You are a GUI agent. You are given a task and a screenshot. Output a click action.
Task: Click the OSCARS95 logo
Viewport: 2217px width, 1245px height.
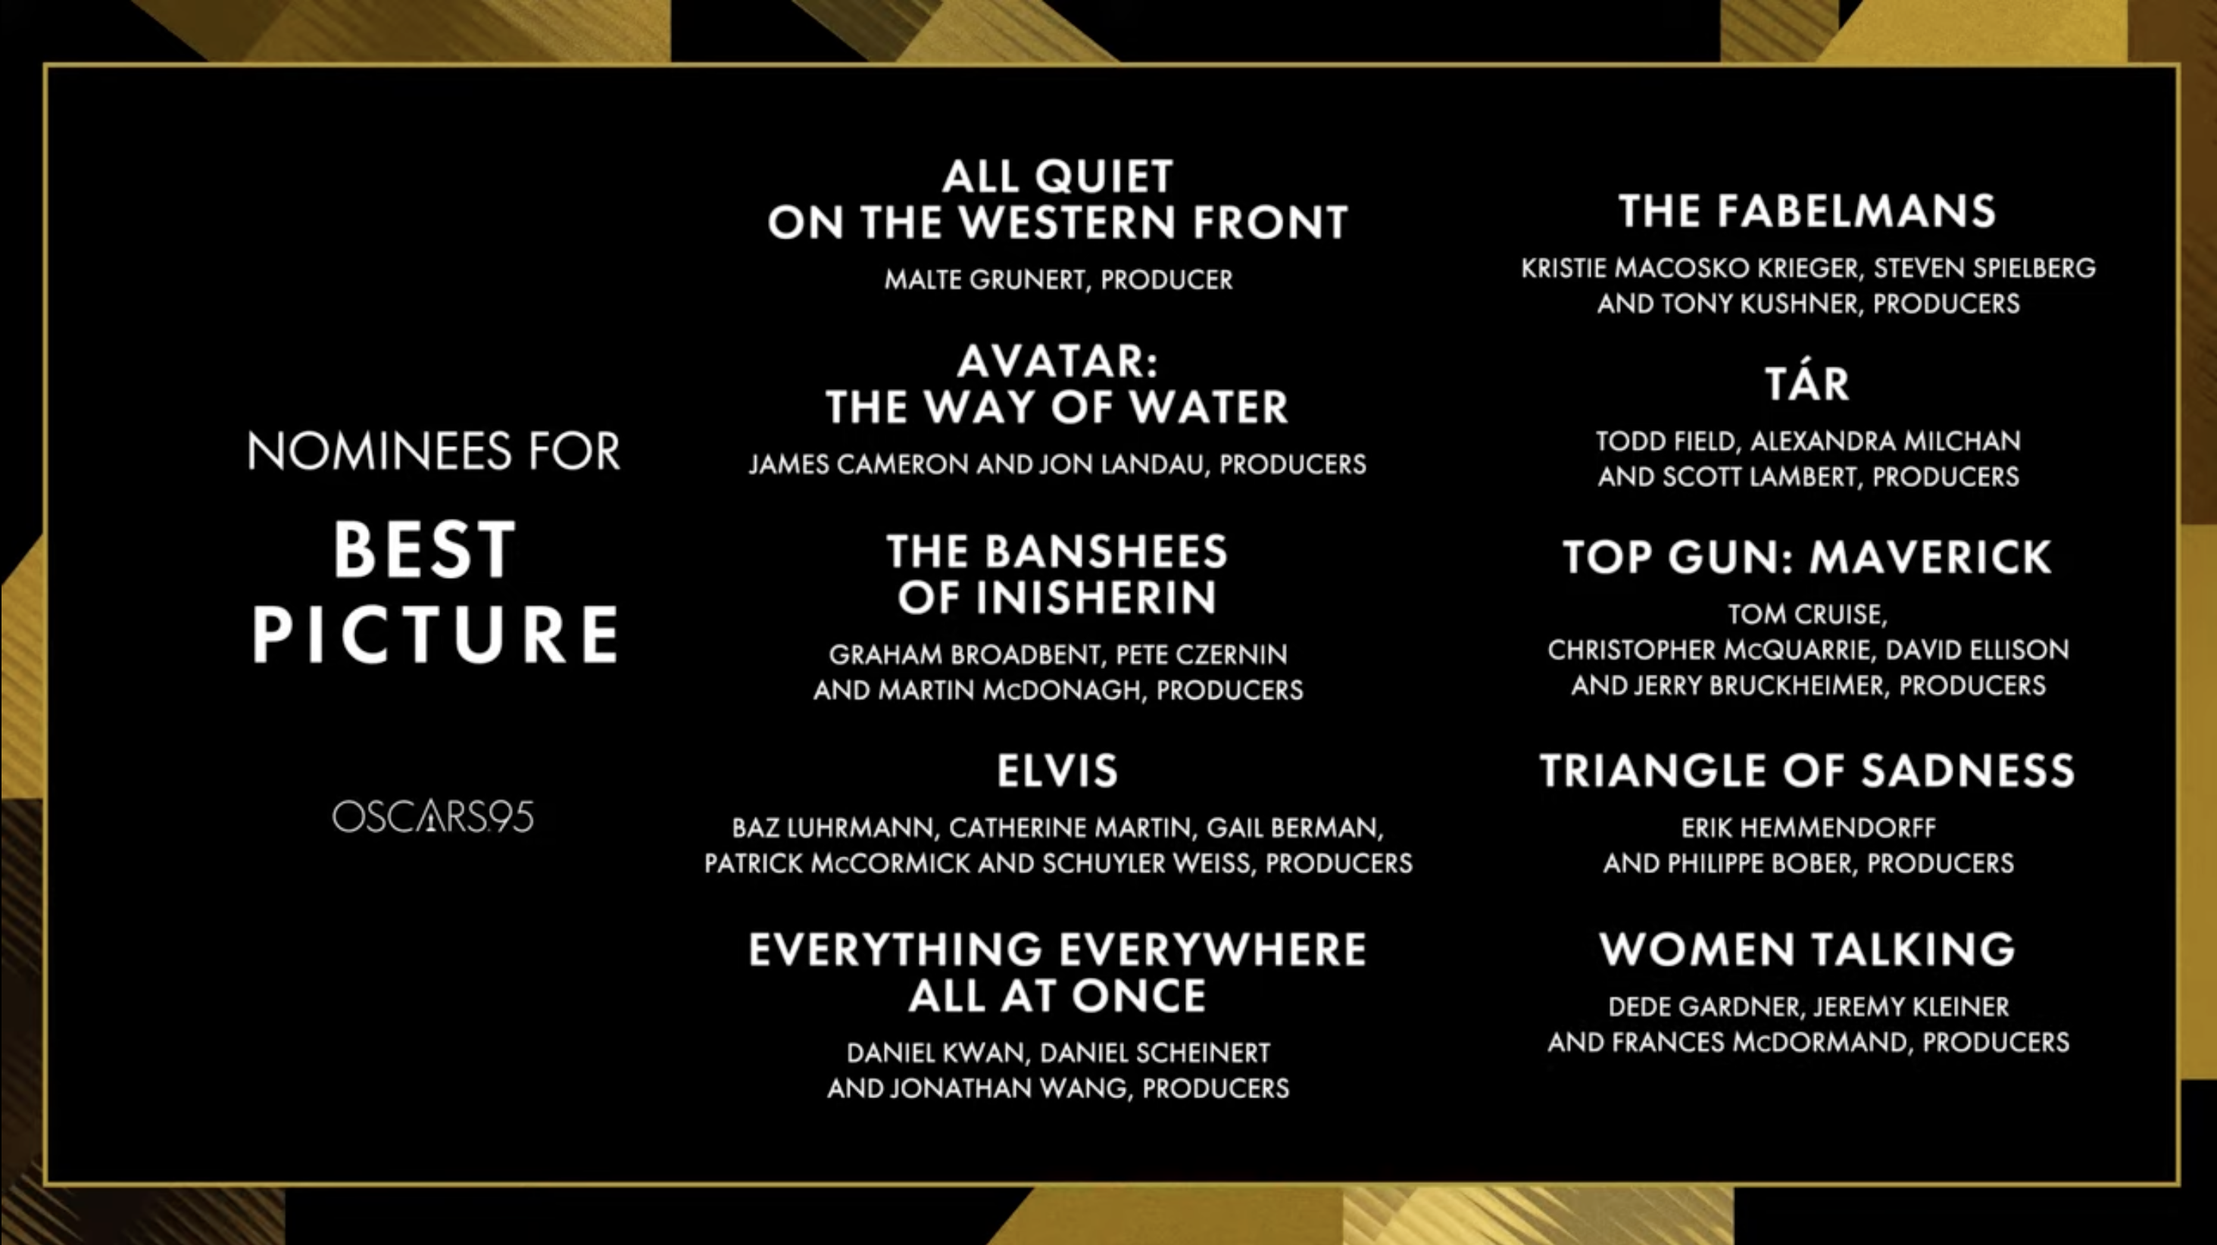[x=433, y=816]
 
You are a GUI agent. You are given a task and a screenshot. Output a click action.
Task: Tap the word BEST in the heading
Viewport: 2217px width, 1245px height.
[x=424, y=551]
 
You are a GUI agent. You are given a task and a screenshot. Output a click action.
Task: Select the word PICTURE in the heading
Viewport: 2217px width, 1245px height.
[x=436, y=634]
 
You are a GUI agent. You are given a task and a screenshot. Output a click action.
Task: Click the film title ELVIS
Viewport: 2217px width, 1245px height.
[x=1057, y=770]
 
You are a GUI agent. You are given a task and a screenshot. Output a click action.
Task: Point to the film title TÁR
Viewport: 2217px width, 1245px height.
[x=1807, y=383]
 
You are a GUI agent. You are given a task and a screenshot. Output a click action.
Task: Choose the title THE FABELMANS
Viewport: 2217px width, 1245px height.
[x=1807, y=211]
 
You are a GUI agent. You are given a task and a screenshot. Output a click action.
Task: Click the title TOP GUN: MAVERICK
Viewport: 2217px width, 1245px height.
[x=1807, y=557]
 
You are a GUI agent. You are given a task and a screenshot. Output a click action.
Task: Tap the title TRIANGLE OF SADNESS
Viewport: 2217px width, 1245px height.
[x=1807, y=770]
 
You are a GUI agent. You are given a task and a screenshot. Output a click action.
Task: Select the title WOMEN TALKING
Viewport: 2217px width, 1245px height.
[x=1807, y=950]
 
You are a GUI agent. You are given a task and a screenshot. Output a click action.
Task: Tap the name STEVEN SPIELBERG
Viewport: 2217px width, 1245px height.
[x=1984, y=268]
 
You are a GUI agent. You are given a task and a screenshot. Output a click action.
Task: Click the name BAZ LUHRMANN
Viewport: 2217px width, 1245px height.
[x=832, y=828]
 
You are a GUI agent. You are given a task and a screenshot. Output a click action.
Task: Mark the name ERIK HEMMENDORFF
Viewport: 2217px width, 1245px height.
[x=1808, y=828]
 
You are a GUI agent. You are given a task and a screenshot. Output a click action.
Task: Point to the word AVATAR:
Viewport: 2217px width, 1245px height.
[x=1057, y=361]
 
